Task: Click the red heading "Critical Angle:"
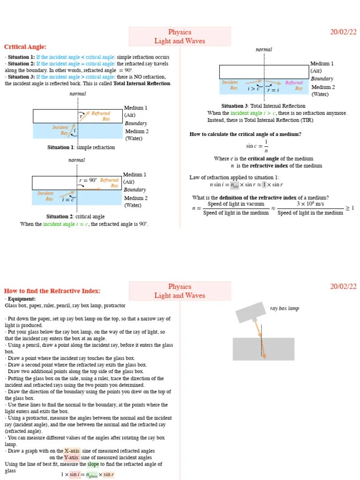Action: (x=25, y=47)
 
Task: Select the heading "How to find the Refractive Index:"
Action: (x=52, y=291)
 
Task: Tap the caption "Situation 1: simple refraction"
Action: (x=81, y=147)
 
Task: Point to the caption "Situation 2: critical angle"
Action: (x=75, y=217)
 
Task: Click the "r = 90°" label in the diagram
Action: (x=88, y=180)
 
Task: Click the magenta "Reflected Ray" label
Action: (x=294, y=85)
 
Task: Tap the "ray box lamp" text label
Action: (x=284, y=308)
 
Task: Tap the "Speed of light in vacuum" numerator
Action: (x=236, y=204)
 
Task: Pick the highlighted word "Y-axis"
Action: (x=71, y=457)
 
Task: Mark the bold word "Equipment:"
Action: (x=21, y=299)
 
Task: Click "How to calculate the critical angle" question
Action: (x=245, y=135)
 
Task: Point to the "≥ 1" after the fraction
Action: (x=350, y=208)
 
